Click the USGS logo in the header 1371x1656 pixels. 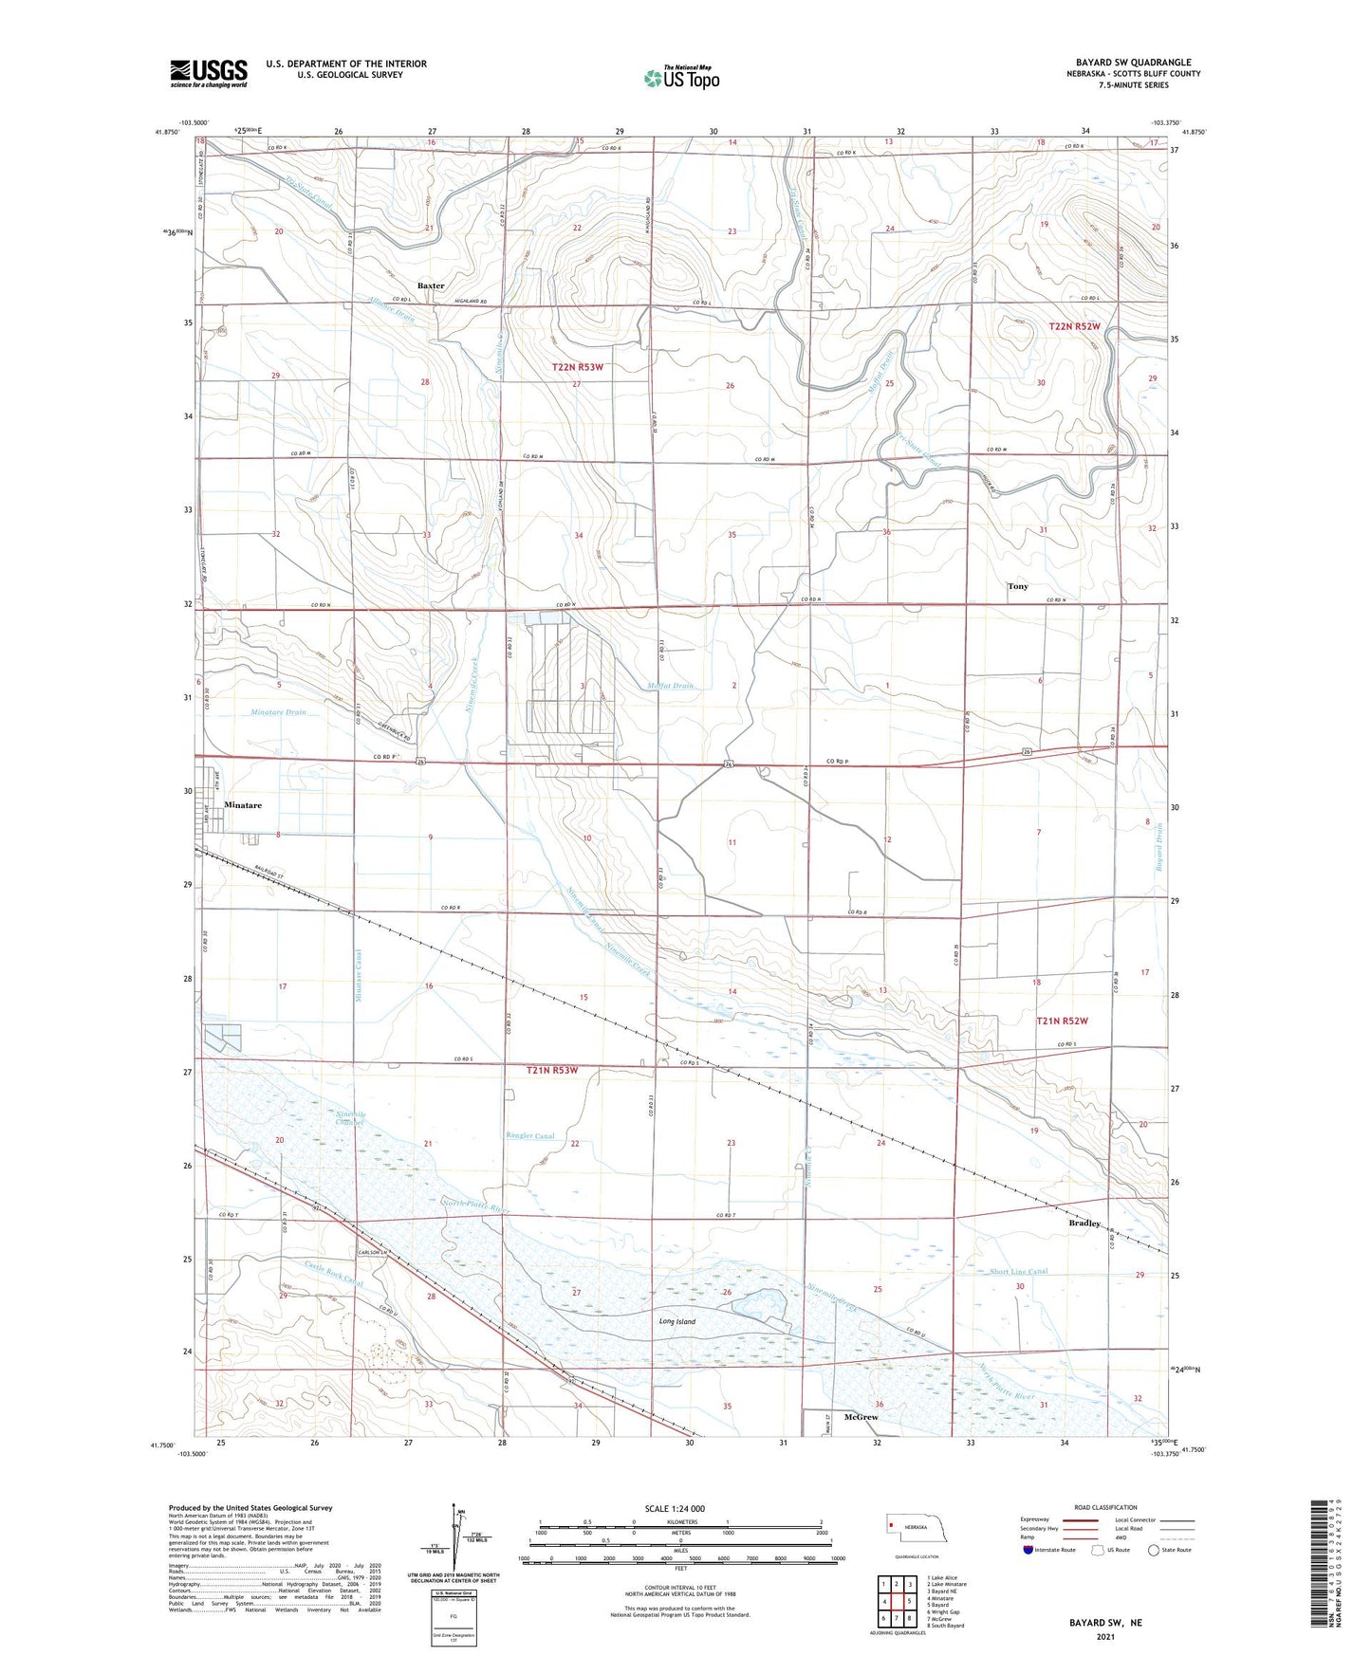tap(209, 73)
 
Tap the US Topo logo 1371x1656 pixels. tap(681, 78)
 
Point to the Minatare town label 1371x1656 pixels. tap(243, 805)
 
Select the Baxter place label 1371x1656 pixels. tap(431, 285)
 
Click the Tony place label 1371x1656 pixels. tap(1017, 586)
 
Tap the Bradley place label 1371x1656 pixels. tap(1084, 1223)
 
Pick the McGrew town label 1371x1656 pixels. tap(861, 1417)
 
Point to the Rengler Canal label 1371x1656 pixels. tap(531, 1135)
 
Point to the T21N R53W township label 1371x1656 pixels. tap(565, 1070)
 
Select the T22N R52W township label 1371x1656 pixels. tap(1074, 326)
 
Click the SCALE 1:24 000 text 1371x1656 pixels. tap(675, 1508)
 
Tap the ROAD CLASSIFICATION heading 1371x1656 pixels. tap(1105, 1507)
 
